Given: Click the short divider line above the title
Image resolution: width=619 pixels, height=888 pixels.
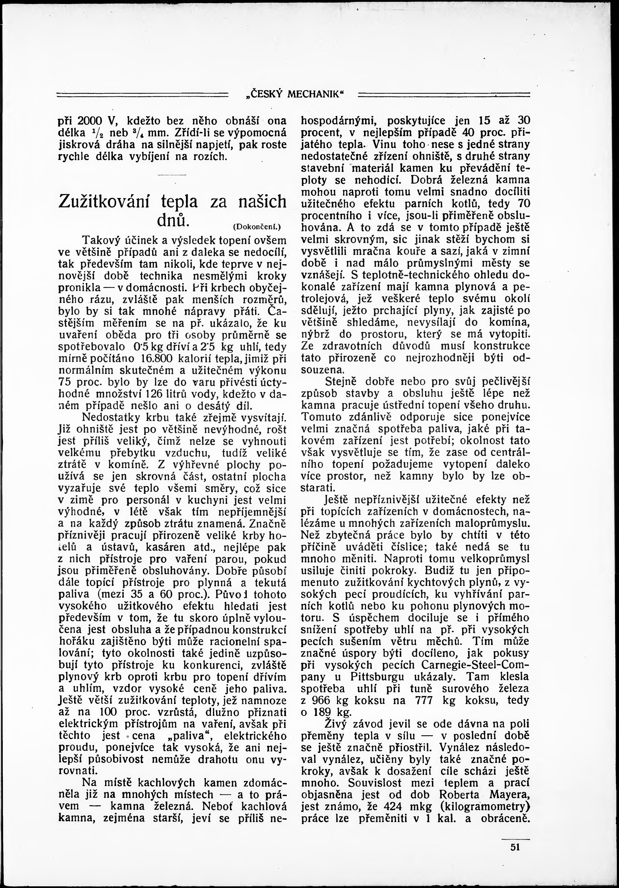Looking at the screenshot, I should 172,176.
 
